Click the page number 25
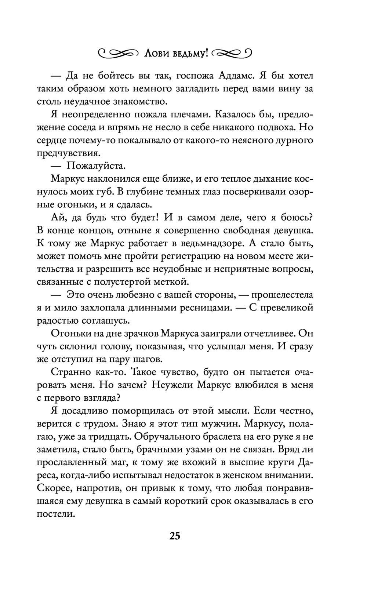tap(175, 536)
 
